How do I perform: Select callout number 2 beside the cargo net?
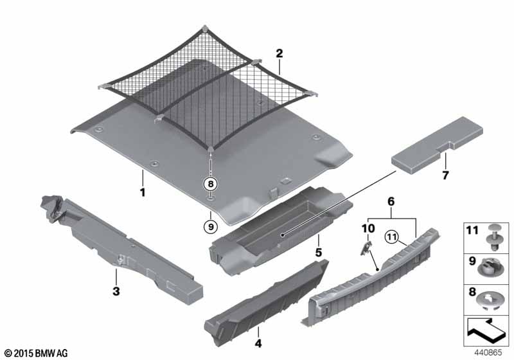click(279, 53)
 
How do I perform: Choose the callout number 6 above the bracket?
click(391, 201)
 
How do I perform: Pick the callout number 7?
click(444, 174)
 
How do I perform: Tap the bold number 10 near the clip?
click(368, 228)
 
